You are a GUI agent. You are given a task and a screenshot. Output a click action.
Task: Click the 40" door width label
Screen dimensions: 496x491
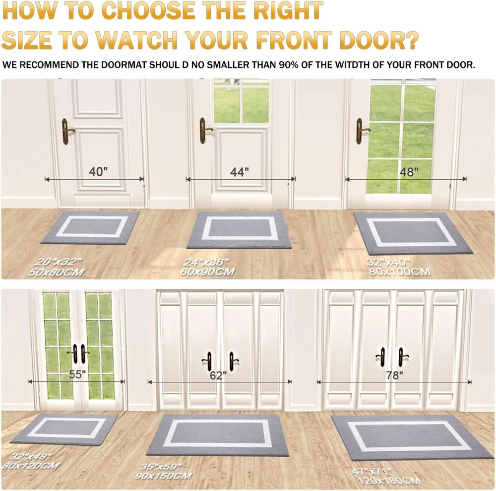pyautogui.click(x=98, y=172)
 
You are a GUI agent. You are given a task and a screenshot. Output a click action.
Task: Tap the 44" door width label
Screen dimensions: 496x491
pyautogui.click(x=240, y=172)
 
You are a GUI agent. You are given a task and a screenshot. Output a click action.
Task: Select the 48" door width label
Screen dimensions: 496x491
pyautogui.click(x=409, y=172)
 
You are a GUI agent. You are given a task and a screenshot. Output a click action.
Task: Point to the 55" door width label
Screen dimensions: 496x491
pyautogui.click(x=77, y=374)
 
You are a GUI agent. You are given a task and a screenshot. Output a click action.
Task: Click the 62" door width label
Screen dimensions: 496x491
pyautogui.click(x=218, y=375)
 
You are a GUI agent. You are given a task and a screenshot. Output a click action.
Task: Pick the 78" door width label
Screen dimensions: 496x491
pyautogui.click(x=394, y=375)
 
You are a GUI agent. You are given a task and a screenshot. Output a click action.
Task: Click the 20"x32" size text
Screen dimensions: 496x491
pyautogui.click(x=59, y=262)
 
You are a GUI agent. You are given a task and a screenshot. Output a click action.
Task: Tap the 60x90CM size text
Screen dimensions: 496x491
pyautogui.click(x=207, y=272)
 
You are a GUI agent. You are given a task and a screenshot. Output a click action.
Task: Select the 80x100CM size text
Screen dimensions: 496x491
pyautogui.click(x=399, y=272)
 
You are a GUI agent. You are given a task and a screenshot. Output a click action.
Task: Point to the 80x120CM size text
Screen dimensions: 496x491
pyautogui.click(x=31, y=465)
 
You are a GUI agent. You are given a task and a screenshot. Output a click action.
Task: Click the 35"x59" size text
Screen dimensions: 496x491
pyautogui.click(x=161, y=467)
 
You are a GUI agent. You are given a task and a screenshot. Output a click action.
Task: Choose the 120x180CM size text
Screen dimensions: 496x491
pyautogui.click(x=389, y=481)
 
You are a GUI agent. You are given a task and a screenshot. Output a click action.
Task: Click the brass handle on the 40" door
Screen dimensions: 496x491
pyautogui.click(x=67, y=132)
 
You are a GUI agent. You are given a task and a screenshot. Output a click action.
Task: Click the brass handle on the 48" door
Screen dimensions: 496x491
pyautogui.click(x=362, y=131)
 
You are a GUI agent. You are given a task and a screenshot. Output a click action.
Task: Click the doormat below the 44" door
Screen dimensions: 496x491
pyautogui.click(x=239, y=230)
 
